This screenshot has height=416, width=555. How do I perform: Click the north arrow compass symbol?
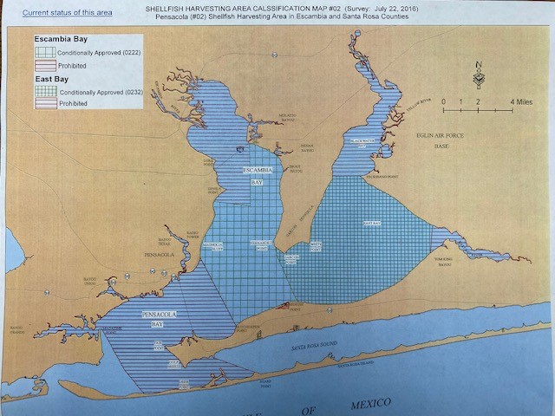point(479,75)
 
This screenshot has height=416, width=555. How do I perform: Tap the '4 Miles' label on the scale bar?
point(521,101)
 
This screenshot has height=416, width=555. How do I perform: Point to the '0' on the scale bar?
point(444,101)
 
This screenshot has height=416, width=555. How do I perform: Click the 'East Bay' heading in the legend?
point(51,79)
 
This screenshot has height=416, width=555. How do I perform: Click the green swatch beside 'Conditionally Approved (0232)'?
point(46,91)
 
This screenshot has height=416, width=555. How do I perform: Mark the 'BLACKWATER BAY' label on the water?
point(362,141)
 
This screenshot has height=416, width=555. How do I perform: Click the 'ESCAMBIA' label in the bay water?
point(258,169)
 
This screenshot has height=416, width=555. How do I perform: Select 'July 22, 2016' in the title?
point(404,8)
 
